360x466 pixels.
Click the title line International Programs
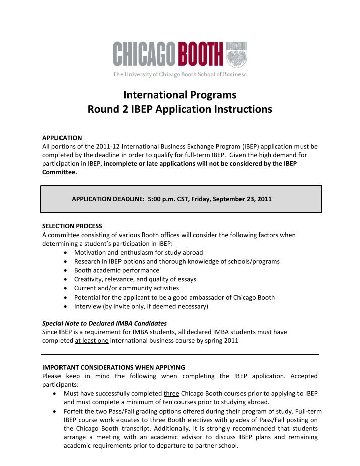(x=180, y=94)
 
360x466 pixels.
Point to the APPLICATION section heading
(x=62, y=138)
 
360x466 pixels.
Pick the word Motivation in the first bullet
(x=91, y=252)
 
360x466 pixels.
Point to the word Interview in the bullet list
(x=89, y=307)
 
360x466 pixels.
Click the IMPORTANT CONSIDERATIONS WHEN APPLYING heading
(x=113, y=367)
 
